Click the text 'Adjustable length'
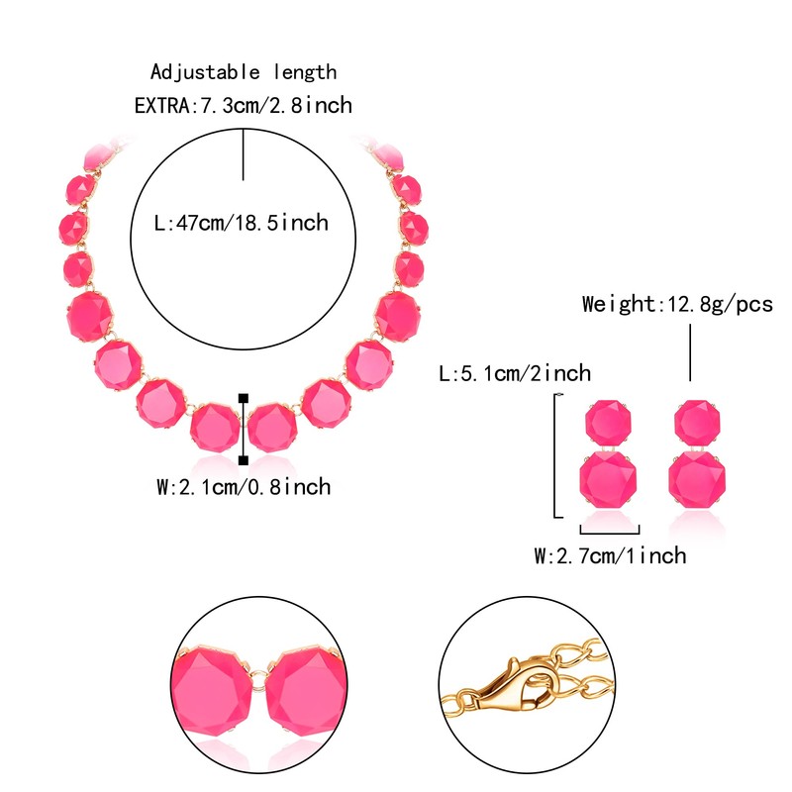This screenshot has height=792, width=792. pyautogui.click(x=244, y=72)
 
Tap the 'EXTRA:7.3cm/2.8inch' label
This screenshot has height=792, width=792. pyautogui.click(x=244, y=105)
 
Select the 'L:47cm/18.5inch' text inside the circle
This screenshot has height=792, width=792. pyautogui.click(x=243, y=223)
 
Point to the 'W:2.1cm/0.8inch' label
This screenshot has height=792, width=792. pyautogui.click(x=244, y=487)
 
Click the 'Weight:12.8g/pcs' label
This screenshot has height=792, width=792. pyautogui.click(x=677, y=304)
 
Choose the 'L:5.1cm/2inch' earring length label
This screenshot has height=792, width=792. pyautogui.click(x=514, y=373)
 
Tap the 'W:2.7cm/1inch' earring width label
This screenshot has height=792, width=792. pyautogui.click(x=610, y=555)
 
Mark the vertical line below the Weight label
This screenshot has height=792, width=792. pyautogui.click(x=690, y=351)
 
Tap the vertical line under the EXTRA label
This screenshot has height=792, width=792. pyautogui.click(x=244, y=152)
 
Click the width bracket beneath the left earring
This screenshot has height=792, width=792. pyautogui.click(x=609, y=532)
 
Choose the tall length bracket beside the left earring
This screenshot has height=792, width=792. pyautogui.click(x=555, y=454)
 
